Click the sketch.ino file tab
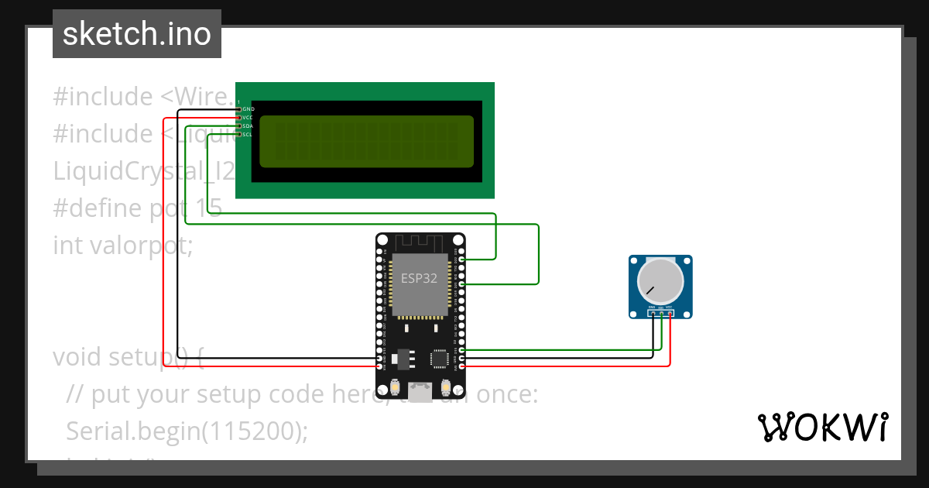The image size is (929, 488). tap(137, 34)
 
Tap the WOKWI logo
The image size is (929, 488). tap(822, 427)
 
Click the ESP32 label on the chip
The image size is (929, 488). tap(419, 279)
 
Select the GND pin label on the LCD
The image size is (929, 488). tap(248, 109)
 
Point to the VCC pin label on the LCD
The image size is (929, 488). tap(248, 118)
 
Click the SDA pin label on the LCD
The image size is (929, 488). tap(248, 125)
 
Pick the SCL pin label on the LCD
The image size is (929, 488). tap(248, 134)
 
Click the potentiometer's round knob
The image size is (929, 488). tap(660, 282)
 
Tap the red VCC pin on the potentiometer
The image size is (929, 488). tap(670, 314)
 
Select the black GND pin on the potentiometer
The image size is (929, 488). tap(652, 314)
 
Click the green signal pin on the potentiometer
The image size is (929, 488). tap(660, 314)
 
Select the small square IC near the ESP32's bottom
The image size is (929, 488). tap(440, 357)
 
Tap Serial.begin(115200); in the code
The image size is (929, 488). tap(187, 431)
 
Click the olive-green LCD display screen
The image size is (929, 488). tap(366, 142)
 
